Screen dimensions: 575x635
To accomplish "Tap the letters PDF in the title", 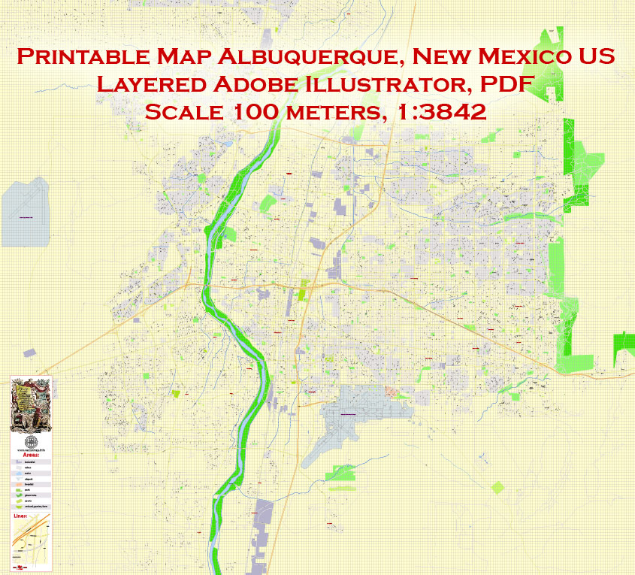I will [511, 84].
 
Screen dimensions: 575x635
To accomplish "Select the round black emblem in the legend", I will [31, 441].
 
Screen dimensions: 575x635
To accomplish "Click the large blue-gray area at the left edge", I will [25, 212].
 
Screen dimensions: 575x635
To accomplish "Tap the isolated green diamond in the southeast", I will [497, 487].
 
